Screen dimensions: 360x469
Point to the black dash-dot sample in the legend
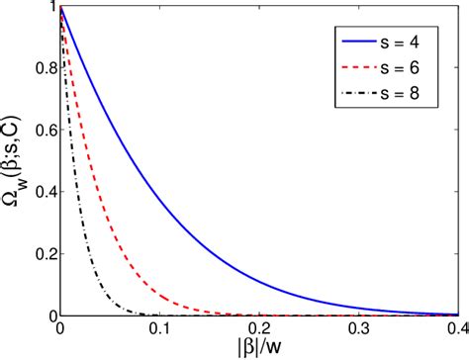(x=352, y=95)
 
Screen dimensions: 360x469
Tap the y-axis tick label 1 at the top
(x=49, y=7)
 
